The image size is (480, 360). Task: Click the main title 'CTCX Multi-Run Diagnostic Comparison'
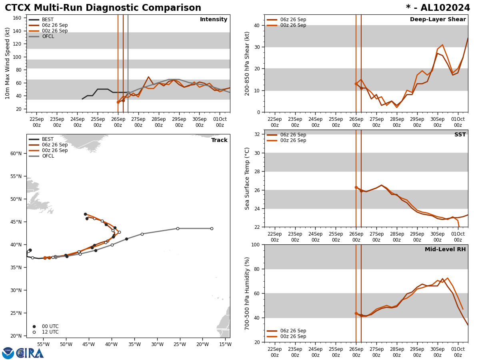click(x=103, y=8)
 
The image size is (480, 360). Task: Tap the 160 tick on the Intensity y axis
click(x=17, y=18)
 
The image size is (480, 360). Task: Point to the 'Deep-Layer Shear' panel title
click(x=438, y=20)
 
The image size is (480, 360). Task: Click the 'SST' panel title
click(x=460, y=135)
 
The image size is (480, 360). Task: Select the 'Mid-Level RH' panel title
click(x=445, y=250)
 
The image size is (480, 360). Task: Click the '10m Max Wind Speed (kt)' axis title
click(x=8, y=63)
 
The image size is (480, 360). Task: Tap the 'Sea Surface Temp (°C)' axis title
click(x=247, y=178)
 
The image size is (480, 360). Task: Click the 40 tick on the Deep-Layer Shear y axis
click(x=256, y=25)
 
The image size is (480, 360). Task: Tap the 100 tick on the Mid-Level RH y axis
click(x=255, y=244)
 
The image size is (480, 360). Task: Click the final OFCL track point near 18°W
click(x=212, y=228)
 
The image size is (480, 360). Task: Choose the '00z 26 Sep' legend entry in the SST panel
click(x=293, y=140)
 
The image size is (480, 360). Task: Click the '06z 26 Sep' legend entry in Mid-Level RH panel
click(x=293, y=331)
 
